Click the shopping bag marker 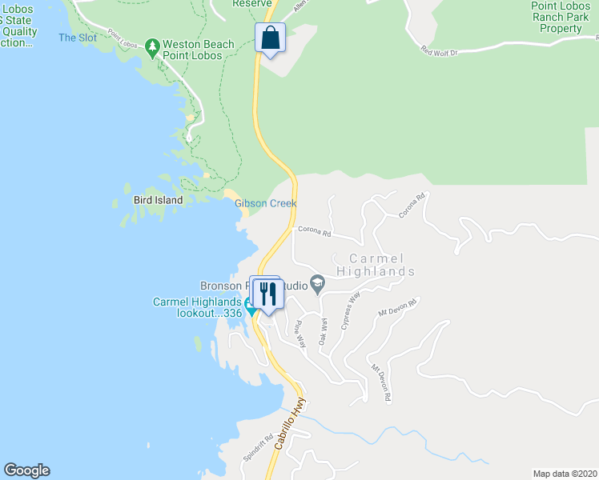(x=271, y=38)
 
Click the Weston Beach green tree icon (x=153, y=46)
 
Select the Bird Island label (x=158, y=200)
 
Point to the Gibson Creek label (x=266, y=203)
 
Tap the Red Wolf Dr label (x=439, y=51)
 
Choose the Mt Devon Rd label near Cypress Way (x=398, y=307)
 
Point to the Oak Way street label (x=324, y=331)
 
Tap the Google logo (x=26, y=470)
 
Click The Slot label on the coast (x=78, y=38)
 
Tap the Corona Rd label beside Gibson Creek (x=314, y=231)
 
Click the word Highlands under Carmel (x=376, y=271)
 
